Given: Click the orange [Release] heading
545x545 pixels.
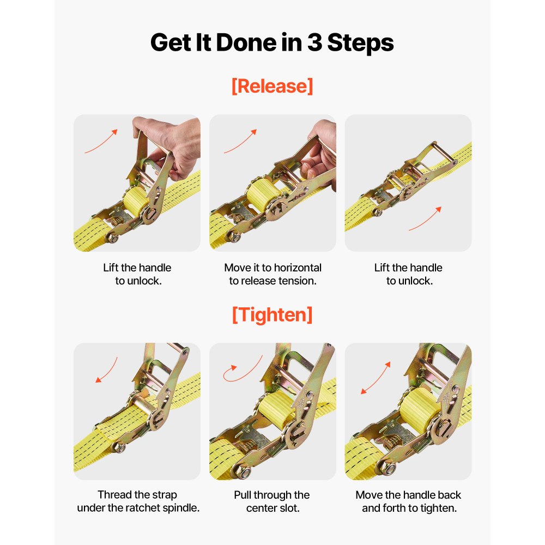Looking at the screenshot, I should (x=272, y=86).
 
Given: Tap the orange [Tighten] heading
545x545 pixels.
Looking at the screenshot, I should (x=272, y=314).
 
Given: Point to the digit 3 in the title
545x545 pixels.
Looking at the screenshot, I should (x=314, y=43).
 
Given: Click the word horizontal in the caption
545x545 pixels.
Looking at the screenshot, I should (x=298, y=268).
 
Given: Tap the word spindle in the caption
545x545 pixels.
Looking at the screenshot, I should (x=181, y=508).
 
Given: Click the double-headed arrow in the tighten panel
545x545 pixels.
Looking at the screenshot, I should (x=376, y=377).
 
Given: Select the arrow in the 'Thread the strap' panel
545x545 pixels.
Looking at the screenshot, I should (x=106, y=370).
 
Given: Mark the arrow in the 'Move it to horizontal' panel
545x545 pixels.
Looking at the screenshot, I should (x=240, y=141).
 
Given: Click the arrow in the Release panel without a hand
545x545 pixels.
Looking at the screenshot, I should (x=425, y=219).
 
